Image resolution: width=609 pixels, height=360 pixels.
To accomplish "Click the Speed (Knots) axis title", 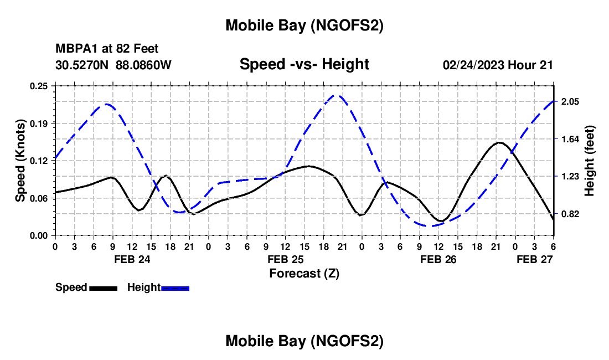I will [x=20, y=160].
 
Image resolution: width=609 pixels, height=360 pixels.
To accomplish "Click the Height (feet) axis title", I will [x=589, y=160].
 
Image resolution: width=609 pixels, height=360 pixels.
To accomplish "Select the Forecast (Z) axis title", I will [x=304, y=273].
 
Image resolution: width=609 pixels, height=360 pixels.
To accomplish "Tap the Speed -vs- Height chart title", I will [x=304, y=64].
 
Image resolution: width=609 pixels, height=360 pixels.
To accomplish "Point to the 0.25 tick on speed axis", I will [x=39, y=86].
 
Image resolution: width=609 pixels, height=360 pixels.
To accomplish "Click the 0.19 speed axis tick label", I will [x=39, y=123].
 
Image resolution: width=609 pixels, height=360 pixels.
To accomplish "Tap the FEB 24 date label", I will [x=131, y=259].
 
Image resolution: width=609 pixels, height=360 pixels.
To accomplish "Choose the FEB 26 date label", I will [x=438, y=259].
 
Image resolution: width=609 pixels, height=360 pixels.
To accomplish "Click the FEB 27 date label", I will [x=534, y=259].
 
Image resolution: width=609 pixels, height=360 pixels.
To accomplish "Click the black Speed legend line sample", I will [x=103, y=288].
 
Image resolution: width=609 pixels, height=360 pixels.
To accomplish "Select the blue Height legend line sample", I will [x=176, y=288].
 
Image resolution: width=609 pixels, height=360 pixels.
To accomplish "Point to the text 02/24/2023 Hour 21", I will [x=498, y=65].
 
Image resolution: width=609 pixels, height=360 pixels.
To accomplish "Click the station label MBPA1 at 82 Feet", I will [x=107, y=49].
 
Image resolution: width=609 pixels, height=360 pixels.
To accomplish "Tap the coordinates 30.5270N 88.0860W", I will [x=113, y=65].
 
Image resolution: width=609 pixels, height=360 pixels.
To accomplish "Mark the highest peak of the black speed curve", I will [x=499, y=143].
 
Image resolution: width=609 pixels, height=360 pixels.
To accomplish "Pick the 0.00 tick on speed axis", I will [x=39, y=235].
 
